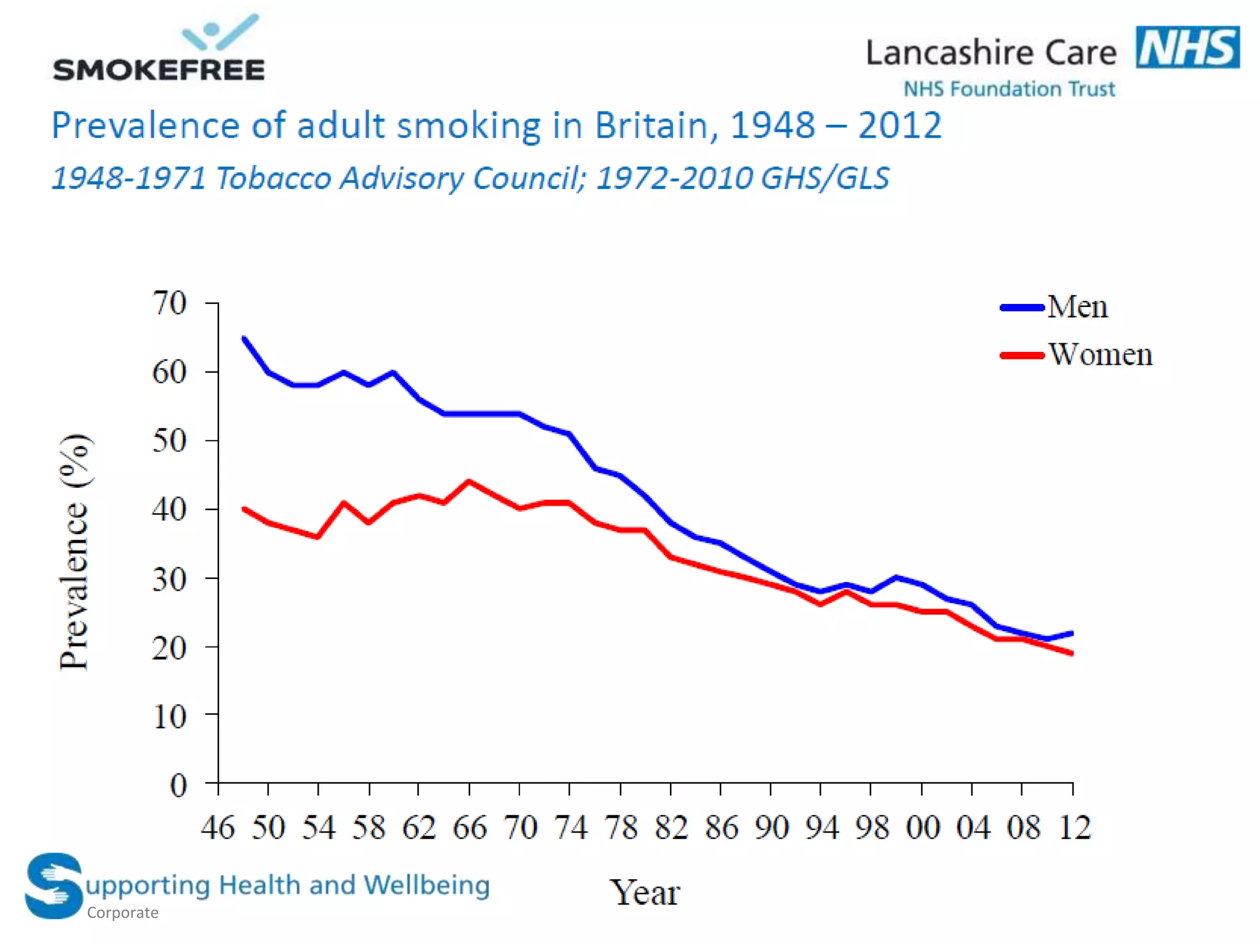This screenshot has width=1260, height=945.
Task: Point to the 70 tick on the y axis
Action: point(169,303)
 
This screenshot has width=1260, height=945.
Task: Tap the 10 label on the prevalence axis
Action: point(169,716)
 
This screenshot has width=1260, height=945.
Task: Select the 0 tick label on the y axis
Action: point(178,785)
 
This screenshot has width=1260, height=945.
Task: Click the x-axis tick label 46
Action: point(218,827)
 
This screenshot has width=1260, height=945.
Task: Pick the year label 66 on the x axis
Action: point(469,827)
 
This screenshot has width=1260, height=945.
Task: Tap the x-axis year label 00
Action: point(922,827)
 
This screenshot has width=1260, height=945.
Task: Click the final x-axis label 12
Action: point(1074,827)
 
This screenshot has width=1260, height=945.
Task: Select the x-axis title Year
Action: point(644,893)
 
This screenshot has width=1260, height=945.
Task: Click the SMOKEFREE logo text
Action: point(159,70)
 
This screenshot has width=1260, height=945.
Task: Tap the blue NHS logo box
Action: point(1187,47)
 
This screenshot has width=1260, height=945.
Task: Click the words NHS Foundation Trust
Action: point(1009,89)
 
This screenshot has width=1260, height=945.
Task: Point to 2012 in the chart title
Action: point(899,126)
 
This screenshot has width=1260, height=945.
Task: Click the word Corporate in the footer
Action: point(122,912)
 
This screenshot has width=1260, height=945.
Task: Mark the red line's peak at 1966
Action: point(469,482)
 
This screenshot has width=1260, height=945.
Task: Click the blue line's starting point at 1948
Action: point(244,338)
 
